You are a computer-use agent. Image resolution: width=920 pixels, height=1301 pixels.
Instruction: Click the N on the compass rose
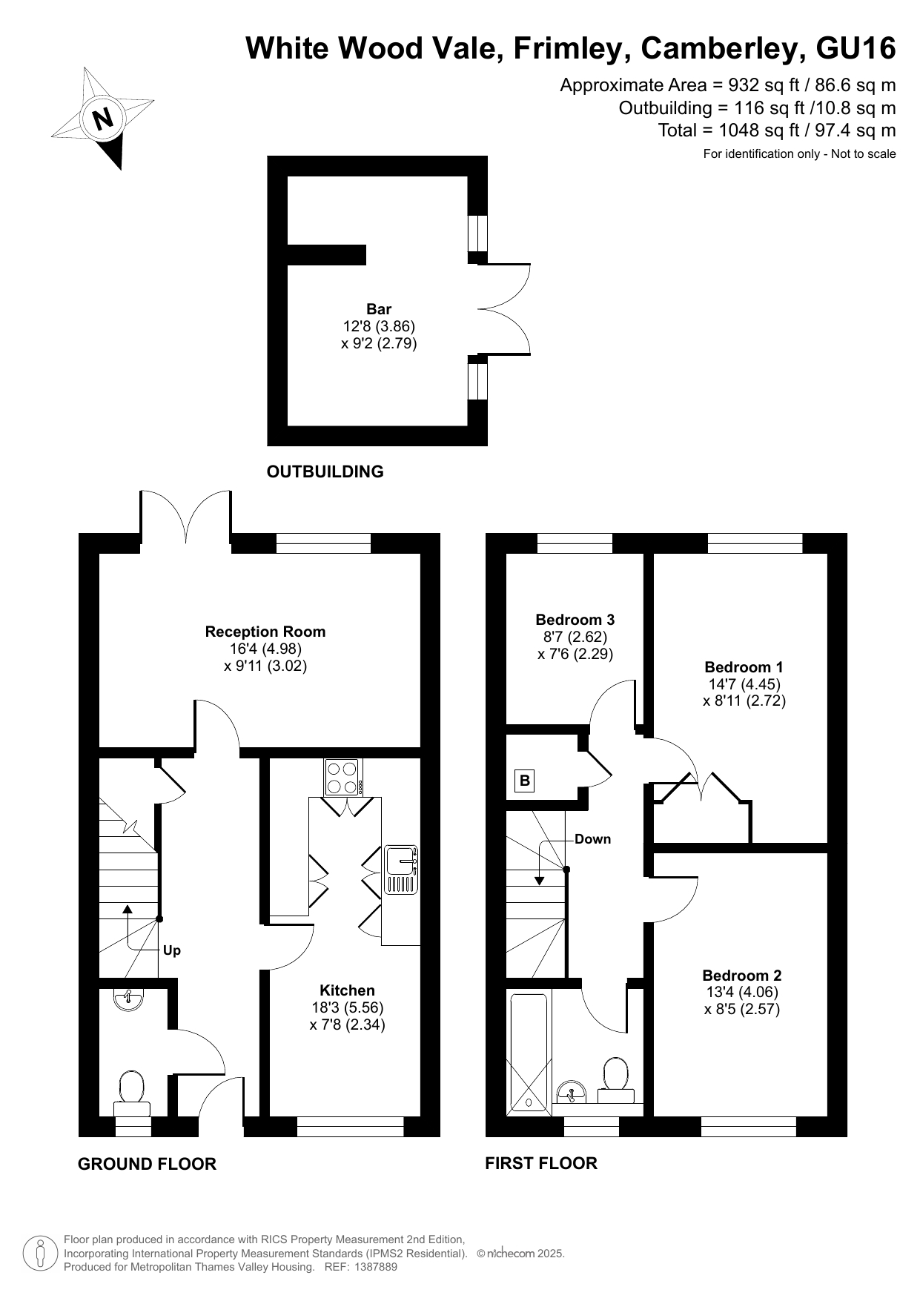coord(103,119)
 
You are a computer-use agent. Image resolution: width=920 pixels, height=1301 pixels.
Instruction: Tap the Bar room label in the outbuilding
coord(379,309)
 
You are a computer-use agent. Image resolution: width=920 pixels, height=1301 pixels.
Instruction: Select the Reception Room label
coord(265,632)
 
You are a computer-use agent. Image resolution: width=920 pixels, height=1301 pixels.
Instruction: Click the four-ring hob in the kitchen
coord(342,778)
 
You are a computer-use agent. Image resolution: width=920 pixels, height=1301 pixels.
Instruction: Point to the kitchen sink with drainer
coord(401,870)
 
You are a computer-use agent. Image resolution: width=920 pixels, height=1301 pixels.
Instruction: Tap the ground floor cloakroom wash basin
coord(130,999)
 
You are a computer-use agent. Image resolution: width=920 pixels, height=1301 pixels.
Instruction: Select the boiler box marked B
coord(525,780)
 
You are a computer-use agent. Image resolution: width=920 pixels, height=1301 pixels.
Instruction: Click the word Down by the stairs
coord(593,839)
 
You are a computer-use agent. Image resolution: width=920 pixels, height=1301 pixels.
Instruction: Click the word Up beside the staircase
coord(172,950)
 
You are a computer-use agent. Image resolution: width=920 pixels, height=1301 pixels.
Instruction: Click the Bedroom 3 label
coord(575,620)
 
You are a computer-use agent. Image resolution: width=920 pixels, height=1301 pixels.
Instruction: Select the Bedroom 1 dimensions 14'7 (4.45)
coord(744,684)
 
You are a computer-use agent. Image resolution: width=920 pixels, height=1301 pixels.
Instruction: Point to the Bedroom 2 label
coord(742,976)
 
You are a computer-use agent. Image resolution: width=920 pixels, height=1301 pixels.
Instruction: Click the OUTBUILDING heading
coord(325,472)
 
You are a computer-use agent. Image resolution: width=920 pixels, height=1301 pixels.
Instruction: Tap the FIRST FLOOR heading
coord(541,1164)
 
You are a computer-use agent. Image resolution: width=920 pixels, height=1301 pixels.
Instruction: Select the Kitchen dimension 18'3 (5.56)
coord(348,1007)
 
